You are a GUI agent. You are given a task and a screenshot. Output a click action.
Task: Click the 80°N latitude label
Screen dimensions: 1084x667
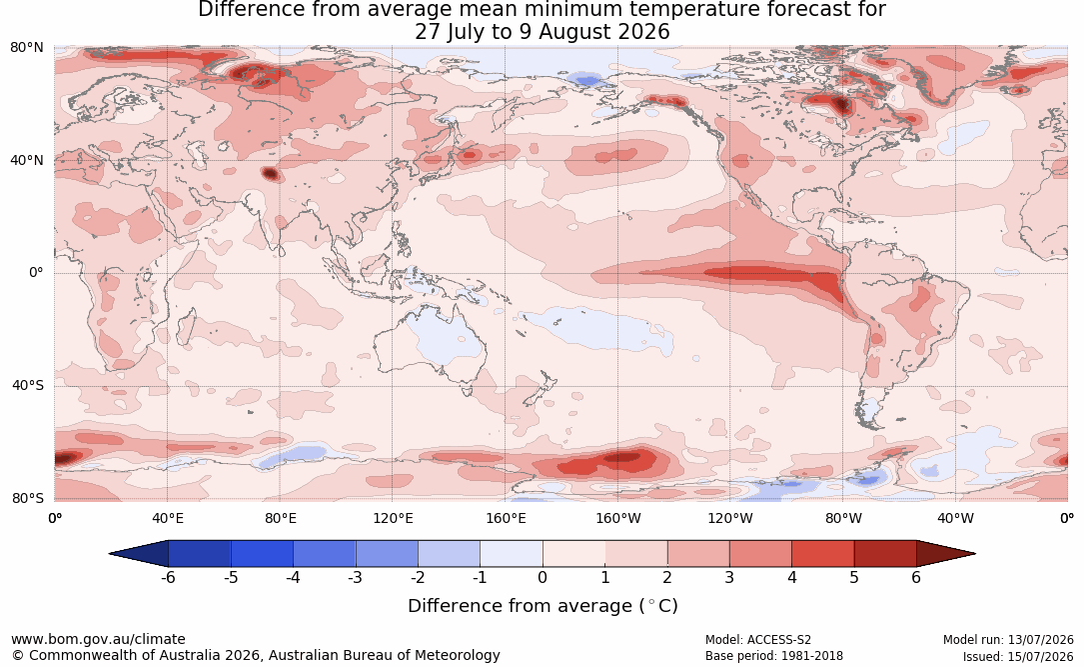click(x=26, y=48)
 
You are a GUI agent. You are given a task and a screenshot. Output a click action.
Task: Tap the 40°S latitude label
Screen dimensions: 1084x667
click(x=28, y=385)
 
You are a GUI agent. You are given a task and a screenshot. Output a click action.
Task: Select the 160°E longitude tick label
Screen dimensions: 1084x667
click(x=506, y=518)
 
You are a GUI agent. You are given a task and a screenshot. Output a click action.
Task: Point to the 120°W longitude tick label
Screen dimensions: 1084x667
click(x=730, y=518)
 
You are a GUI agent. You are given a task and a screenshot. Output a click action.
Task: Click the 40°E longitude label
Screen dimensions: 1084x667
click(x=167, y=518)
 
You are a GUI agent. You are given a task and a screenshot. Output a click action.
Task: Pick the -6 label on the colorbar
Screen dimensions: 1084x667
click(x=167, y=578)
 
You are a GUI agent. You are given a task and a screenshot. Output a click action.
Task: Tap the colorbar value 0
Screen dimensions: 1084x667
click(x=542, y=578)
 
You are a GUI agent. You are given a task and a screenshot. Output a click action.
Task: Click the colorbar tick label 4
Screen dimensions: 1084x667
click(x=791, y=578)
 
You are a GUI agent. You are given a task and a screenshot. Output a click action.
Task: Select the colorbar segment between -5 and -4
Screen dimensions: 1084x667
click(x=262, y=554)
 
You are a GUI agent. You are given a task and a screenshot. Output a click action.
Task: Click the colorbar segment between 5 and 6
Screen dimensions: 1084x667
click(x=885, y=554)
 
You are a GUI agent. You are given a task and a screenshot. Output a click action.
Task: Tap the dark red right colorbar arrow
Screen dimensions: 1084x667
click(x=944, y=554)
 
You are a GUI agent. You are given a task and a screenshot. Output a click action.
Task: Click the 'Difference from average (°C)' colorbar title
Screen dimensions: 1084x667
click(x=542, y=606)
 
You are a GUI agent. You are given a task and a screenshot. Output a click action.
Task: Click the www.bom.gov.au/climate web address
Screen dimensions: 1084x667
click(x=98, y=639)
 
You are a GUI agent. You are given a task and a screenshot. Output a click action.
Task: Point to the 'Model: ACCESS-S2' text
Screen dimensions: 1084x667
click(x=757, y=640)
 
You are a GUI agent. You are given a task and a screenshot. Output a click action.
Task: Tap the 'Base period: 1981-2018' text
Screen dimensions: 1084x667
click(x=774, y=656)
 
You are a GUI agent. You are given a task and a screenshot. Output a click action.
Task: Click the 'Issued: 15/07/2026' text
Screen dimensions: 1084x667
click(x=1018, y=656)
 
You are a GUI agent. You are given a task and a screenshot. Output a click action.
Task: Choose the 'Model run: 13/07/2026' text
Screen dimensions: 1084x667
click(x=1008, y=640)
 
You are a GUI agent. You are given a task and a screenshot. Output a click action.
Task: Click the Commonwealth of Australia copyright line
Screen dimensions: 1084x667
click(x=255, y=655)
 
